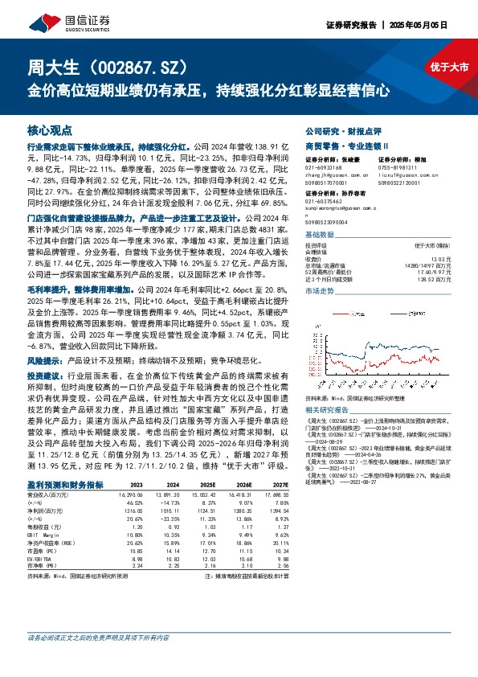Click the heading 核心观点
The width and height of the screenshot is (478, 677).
50,129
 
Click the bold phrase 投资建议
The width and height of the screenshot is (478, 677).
45,352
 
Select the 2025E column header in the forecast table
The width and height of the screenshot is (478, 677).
208,486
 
